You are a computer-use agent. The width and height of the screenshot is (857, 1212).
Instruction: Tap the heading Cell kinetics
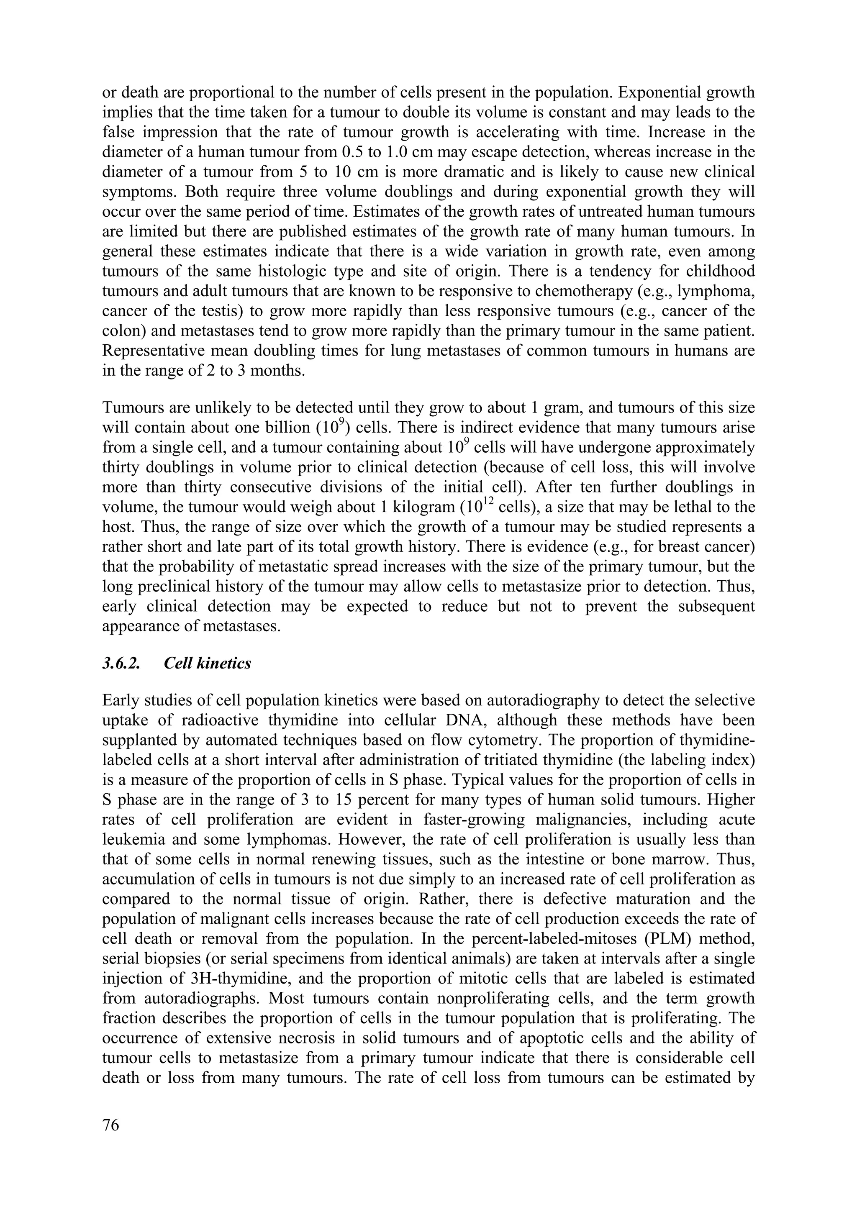click(208, 663)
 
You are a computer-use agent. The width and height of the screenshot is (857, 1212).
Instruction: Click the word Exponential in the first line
click(662, 92)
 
